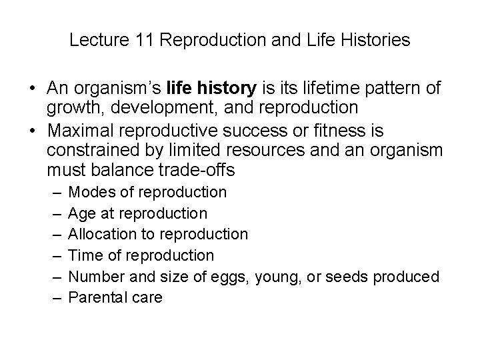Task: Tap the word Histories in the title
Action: click(378, 41)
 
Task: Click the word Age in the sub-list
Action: click(82, 214)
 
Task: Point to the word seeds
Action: click(352, 276)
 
